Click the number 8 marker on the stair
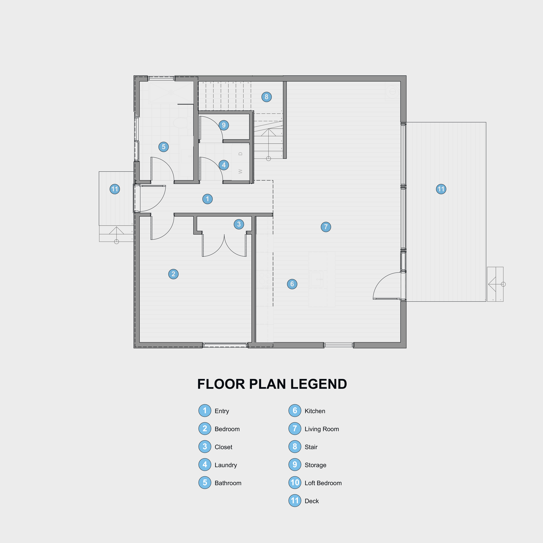click(266, 97)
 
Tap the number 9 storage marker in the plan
click(224, 125)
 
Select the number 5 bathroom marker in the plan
click(164, 147)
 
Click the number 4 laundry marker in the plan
click(224, 165)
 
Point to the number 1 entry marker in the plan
click(207, 199)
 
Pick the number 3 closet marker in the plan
click(239, 224)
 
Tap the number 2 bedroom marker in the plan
click(173, 274)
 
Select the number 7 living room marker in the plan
click(326, 227)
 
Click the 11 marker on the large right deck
click(441, 189)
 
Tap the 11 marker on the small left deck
click(115, 189)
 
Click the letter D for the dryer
click(240, 154)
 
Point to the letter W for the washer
click(240, 171)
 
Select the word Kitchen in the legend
click(315, 411)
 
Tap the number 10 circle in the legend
click(294, 483)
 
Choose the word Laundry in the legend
click(226, 465)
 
